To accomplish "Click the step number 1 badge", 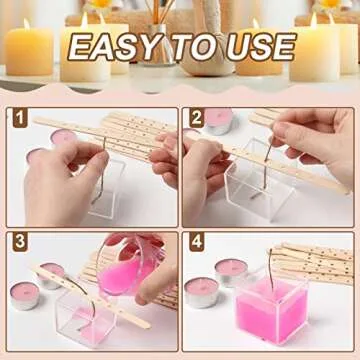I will coord(19,118).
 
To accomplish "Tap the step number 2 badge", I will coord(196,118).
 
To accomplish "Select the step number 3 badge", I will coord(19,242).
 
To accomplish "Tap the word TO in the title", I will coord(196,46).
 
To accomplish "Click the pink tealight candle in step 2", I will coord(219,121).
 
